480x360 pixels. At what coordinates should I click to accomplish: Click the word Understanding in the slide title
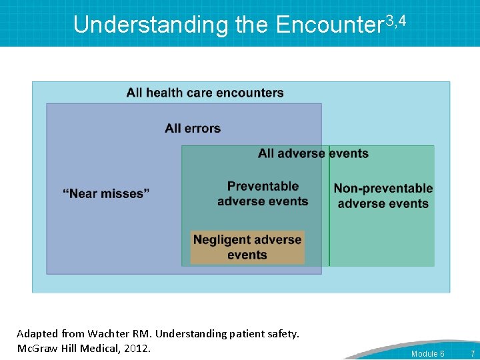151,25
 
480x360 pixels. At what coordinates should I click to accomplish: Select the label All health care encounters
205,93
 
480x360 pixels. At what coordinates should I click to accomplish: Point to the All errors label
193,128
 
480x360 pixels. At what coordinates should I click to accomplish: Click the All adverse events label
313,153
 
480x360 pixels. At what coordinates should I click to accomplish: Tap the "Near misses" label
106,193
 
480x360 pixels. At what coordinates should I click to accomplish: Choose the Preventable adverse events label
263,194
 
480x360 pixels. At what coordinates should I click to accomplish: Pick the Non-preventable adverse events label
383,196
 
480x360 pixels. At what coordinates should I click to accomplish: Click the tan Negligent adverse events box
247,247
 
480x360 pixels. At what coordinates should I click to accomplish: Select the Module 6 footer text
427,353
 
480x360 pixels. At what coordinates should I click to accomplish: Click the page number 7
472,353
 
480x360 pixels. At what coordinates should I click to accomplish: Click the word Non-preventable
383,189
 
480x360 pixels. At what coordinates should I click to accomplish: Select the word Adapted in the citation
36,333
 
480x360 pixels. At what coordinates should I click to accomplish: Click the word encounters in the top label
250,93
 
